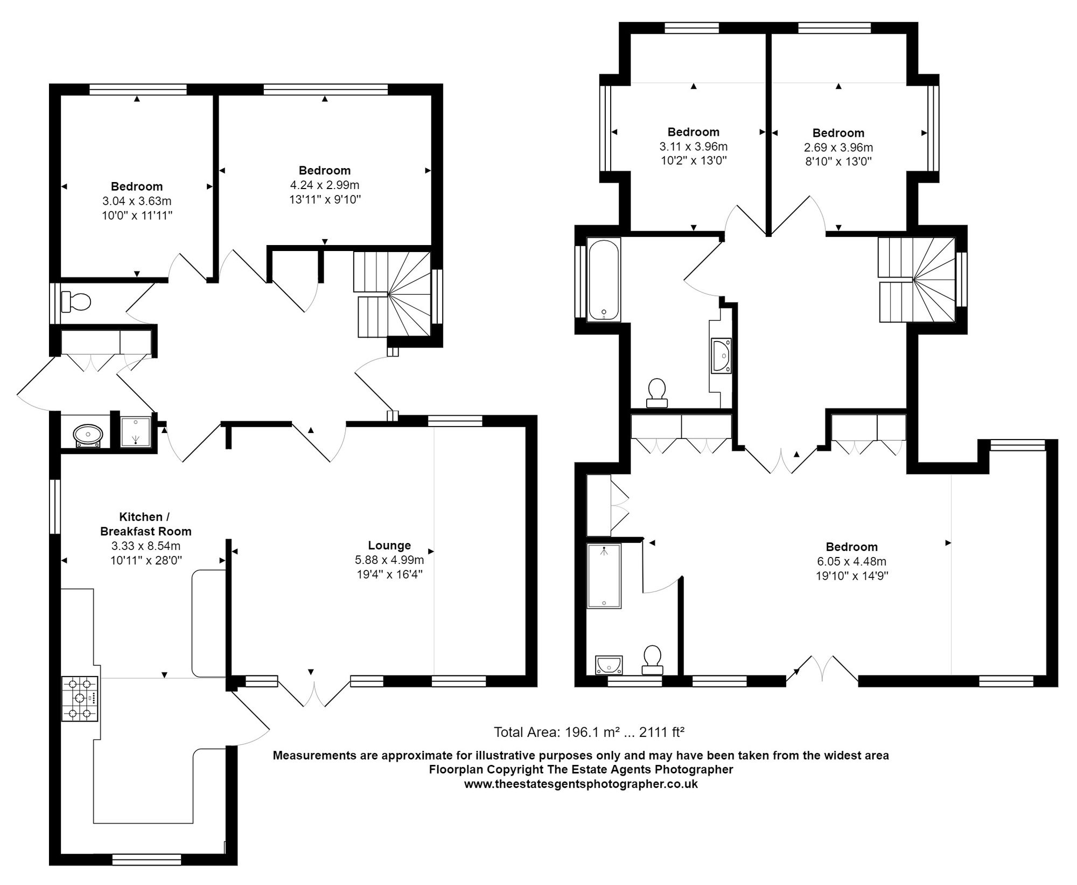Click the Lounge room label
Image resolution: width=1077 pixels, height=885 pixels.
389,545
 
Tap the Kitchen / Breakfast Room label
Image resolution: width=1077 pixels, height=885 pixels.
146,524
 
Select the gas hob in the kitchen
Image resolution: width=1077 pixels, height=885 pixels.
80,699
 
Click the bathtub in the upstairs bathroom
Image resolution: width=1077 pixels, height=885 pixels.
604,280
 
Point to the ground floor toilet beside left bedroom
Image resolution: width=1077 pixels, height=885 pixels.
75,302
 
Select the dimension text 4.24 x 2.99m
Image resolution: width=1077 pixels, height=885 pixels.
325,185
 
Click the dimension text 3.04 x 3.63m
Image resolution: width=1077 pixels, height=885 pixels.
137,201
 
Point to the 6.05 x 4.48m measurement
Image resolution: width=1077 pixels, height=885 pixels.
851,561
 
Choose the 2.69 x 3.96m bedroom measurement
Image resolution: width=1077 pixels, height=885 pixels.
838,147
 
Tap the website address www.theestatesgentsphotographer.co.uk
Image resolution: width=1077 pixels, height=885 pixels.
581,784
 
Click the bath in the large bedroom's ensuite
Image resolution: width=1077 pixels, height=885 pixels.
604,576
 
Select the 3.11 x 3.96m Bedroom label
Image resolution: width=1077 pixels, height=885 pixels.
693,132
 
